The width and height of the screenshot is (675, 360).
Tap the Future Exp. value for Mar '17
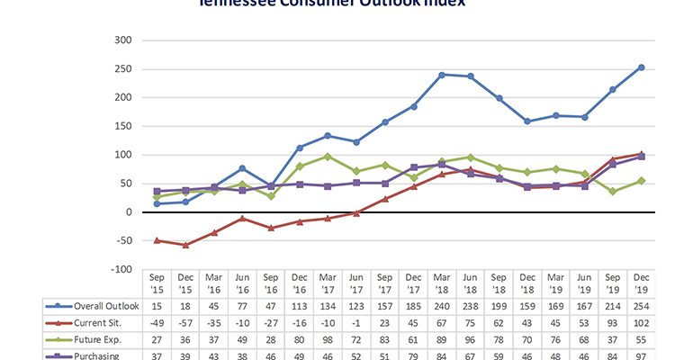coord(328,338)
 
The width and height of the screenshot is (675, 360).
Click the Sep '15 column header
coord(156,285)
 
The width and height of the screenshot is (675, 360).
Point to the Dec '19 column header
coord(642,285)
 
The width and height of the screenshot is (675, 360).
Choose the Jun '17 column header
coord(356,285)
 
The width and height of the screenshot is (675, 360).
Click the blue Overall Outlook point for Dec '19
coord(642,67)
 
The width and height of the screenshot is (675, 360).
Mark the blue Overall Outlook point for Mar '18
coord(442,75)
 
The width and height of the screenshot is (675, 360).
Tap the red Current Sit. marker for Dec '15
coord(185,245)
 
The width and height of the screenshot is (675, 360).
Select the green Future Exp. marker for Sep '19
coord(614,191)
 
